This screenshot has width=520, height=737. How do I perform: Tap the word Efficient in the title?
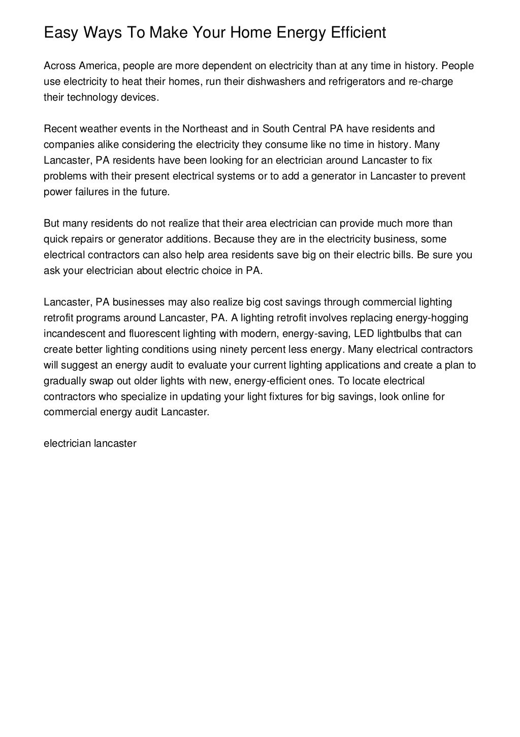tap(359, 33)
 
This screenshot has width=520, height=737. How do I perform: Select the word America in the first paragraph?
tap(98, 66)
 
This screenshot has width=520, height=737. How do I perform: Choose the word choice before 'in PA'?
tap(217, 271)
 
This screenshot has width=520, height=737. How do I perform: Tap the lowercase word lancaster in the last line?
tap(115, 444)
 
